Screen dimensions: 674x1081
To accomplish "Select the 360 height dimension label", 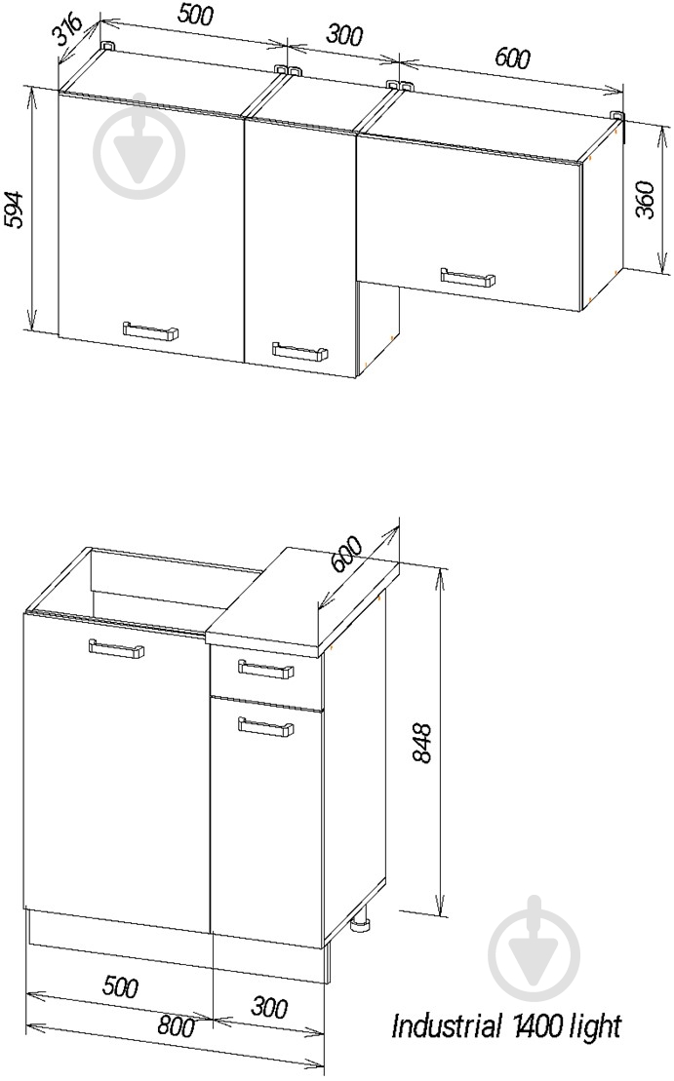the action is point(644,200).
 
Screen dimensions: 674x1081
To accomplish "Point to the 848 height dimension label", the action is point(420,743).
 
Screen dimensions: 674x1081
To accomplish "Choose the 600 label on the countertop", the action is point(345,554).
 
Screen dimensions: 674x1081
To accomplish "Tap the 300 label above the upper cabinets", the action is point(342,34).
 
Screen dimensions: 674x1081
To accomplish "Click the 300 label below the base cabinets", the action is point(268,1008).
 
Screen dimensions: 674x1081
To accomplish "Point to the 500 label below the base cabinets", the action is point(119,986).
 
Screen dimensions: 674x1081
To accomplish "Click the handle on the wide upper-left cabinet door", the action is point(150,330).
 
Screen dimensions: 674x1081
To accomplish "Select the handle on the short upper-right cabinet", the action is point(468,277).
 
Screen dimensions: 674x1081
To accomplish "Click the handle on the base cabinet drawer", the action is point(265,668).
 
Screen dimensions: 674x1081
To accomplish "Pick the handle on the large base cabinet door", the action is point(117,649).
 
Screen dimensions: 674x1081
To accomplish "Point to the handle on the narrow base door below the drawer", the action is point(265,725).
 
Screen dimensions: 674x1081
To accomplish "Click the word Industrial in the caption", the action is point(445,1025).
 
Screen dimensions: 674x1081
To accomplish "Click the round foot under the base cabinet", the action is point(362,923).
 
